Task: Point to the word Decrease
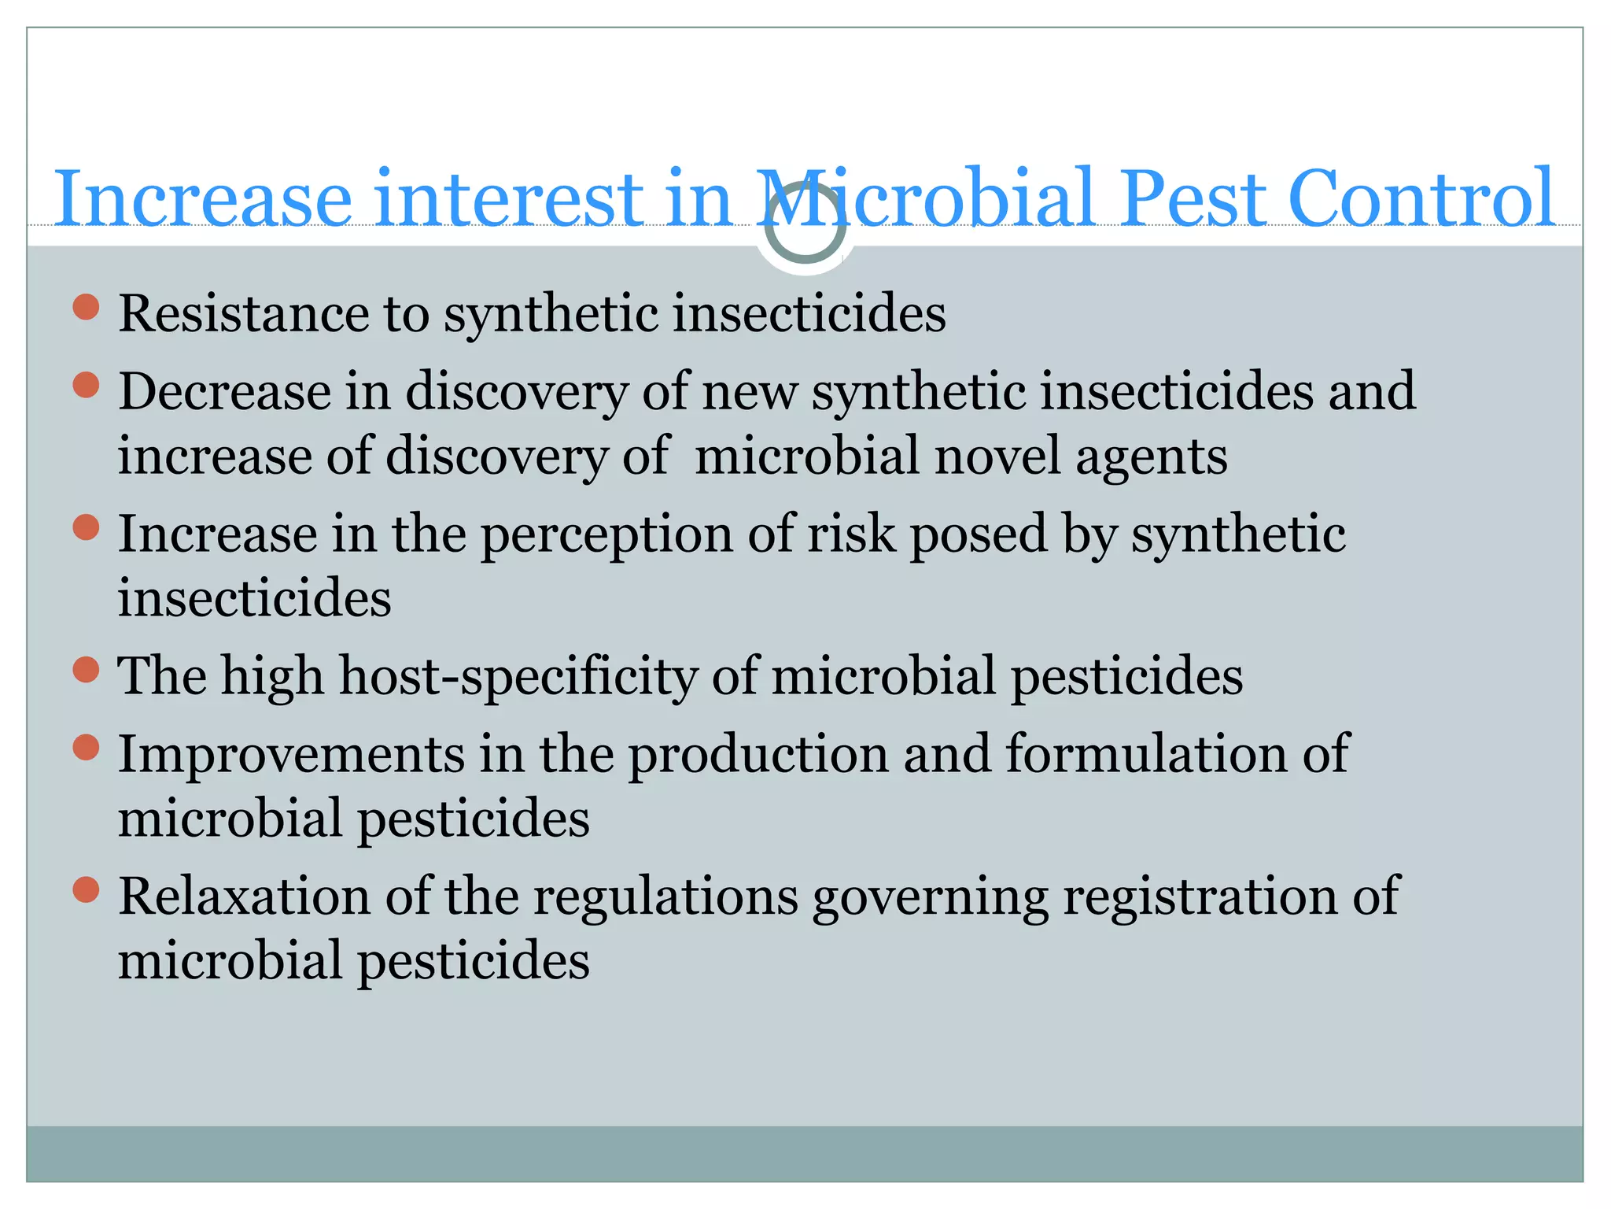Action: [224, 391]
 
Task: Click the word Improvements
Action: [291, 754]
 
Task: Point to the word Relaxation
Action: [244, 896]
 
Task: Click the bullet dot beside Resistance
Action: [86, 307]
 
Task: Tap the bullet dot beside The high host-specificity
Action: [86, 671]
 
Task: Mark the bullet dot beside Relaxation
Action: [86, 890]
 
